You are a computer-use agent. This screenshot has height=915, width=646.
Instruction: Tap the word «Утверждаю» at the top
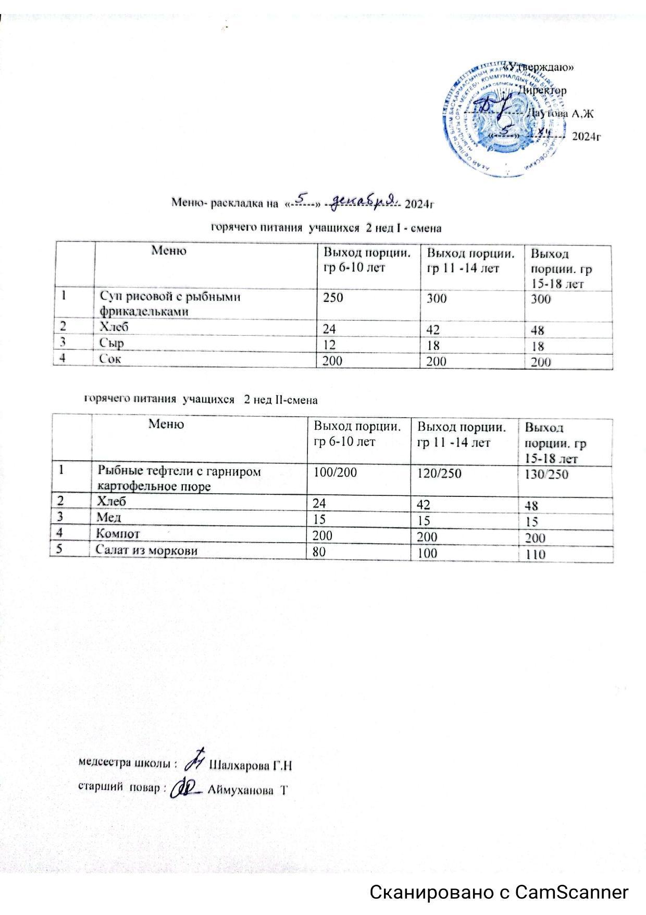click(x=541, y=67)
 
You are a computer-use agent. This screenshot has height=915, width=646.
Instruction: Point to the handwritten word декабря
click(x=364, y=200)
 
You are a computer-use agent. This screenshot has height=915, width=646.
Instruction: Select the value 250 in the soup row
click(x=333, y=298)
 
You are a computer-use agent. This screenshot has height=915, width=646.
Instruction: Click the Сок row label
click(x=111, y=359)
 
